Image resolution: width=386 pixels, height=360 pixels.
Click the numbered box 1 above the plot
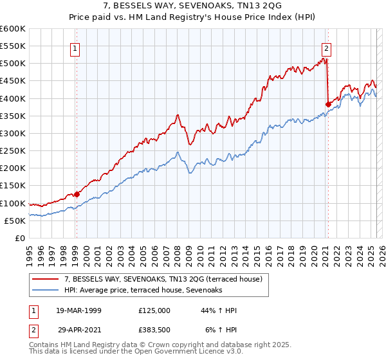click(75, 48)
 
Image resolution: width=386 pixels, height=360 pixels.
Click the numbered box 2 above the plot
click(327, 48)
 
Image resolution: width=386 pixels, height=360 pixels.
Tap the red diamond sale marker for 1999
click(77, 194)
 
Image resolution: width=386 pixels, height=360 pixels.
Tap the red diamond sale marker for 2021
click(328, 104)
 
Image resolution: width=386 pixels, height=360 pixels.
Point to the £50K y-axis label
click(14, 221)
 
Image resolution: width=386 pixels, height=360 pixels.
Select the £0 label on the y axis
click(19, 238)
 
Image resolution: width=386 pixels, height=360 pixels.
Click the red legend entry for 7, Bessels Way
click(163, 279)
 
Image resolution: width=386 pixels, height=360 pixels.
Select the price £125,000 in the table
click(154, 310)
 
